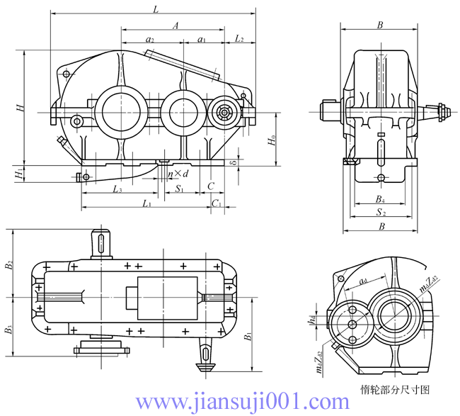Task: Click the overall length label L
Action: tap(155, 8)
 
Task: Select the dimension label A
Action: tap(175, 25)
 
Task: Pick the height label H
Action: tap(21, 108)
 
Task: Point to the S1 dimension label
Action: tap(180, 189)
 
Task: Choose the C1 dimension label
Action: tap(217, 204)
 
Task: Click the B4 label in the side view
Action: tap(380, 198)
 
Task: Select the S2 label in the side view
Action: tap(381, 212)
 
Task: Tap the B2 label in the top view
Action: tap(9, 266)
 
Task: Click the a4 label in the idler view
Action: tap(362, 282)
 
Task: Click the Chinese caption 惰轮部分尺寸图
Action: tap(395, 389)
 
